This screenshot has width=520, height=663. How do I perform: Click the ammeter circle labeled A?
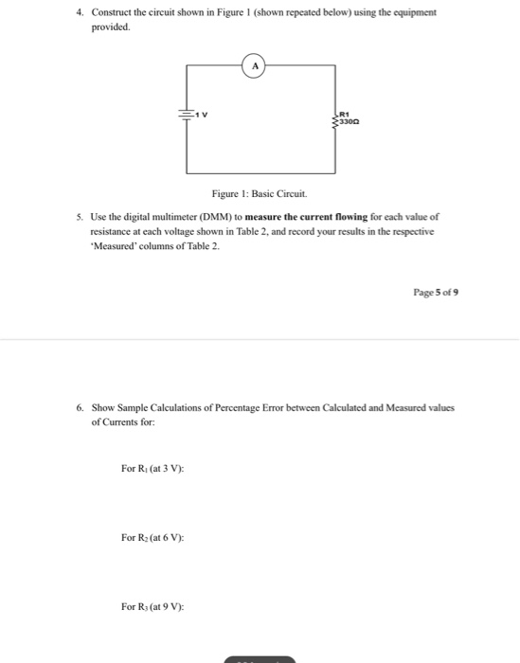(x=255, y=65)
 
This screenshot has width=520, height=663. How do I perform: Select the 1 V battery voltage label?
(x=202, y=115)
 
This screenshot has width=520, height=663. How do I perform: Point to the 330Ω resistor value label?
(x=350, y=122)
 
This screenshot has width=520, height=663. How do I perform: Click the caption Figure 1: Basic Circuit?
(x=260, y=193)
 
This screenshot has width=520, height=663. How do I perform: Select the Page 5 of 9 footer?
(x=437, y=294)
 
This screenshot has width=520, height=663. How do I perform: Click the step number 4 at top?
(x=81, y=13)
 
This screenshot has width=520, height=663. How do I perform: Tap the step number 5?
(x=81, y=217)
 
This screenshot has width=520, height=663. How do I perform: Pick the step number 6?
(x=81, y=408)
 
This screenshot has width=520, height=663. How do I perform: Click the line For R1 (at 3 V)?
(x=152, y=469)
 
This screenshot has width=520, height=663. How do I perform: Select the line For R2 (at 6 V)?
(x=152, y=537)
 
